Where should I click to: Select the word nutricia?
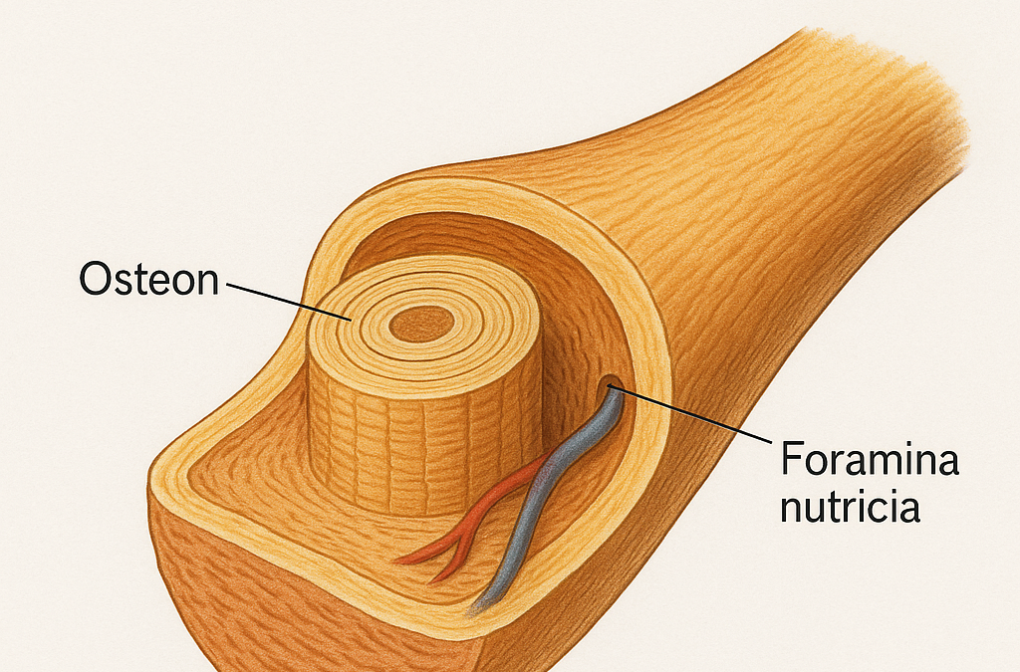tap(848, 508)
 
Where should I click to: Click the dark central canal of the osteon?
tap(419, 323)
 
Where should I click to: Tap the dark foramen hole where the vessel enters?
tap(608, 383)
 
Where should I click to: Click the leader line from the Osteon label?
tap(289, 301)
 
